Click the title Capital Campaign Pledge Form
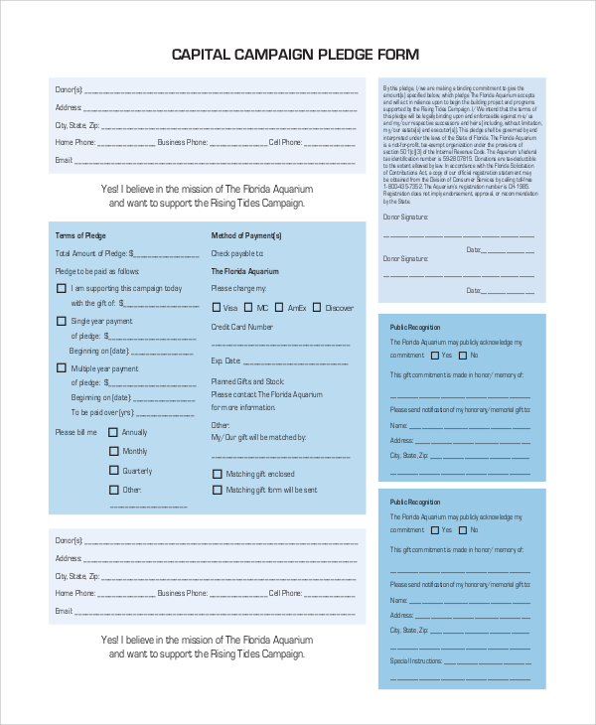(x=295, y=54)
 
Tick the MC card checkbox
(x=248, y=308)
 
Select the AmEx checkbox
(x=279, y=308)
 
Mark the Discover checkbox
(x=317, y=308)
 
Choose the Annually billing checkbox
(x=113, y=432)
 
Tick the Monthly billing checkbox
(x=113, y=451)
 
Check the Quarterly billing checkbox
(x=113, y=470)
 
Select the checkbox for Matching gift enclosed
(x=217, y=475)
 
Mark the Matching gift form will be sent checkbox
(x=217, y=490)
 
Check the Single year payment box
(x=62, y=321)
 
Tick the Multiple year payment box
(x=62, y=367)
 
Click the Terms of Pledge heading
(x=80, y=235)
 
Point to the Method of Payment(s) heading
(x=246, y=235)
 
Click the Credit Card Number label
(x=241, y=326)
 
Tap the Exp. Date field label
(x=225, y=362)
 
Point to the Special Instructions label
(x=413, y=660)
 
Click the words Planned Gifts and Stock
(x=247, y=381)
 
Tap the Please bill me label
(x=76, y=432)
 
